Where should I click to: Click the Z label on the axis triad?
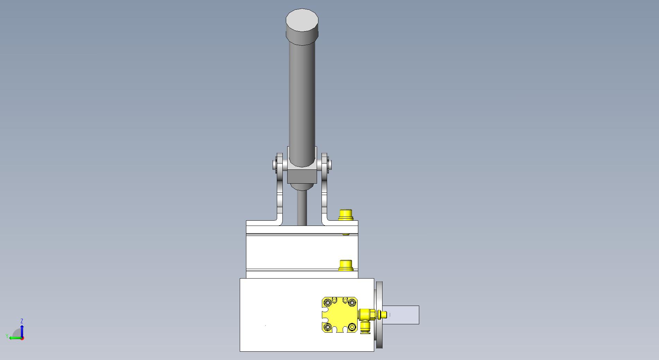pyautogui.click(x=22, y=321)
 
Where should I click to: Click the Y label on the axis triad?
pyautogui.click(x=7, y=336)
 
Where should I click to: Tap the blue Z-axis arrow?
pyautogui.click(x=22, y=331)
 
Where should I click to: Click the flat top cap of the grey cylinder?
pyautogui.click(x=302, y=20)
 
